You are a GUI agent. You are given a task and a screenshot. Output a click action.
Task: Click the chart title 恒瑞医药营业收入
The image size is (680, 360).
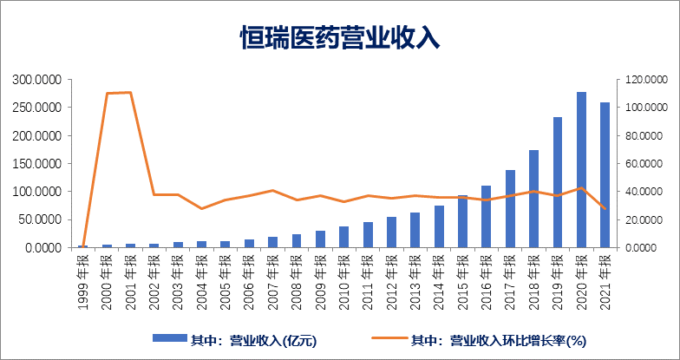pyautogui.click(x=340, y=36)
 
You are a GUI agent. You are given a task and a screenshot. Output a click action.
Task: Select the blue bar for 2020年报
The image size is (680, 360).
pyautogui.click(x=581, y=170)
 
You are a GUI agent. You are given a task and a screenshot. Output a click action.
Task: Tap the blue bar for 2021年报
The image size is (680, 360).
pyautogui.click(x=605, y=175)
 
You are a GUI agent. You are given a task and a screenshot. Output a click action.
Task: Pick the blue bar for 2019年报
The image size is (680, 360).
pyautogui.click(x=558, y=182)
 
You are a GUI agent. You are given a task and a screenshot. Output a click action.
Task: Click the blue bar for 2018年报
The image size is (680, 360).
pyautogui.click(x=533, y=199)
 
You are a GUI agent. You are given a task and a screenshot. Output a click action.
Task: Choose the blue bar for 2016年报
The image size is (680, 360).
pyautogui.click(x=487, y=217)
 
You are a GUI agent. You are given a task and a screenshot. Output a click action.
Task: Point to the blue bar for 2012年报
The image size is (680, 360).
pyautogui.click(x=392, y=232)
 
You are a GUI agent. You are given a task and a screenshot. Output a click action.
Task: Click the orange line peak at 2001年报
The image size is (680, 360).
pyautogui.click(x=130, y=92)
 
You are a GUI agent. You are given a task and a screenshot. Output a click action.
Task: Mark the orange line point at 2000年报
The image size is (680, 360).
pyautogui.click(x=107, y=93)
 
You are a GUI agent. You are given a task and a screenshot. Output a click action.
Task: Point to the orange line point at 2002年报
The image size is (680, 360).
pyautogui.click(x=154, y=194)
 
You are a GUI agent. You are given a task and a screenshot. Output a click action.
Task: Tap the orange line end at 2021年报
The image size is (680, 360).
pyautogui.click(x=605, y=208)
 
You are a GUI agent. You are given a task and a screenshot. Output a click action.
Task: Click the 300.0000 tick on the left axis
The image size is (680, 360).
pyautogui.click(x=36, y=80)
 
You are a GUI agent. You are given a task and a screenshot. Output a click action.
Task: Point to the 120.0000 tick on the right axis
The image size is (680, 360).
pyautogui.click(x=643, y=80)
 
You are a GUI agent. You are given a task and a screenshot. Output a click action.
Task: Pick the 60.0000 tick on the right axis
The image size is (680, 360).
pyautogui.click(x=643, y=163)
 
